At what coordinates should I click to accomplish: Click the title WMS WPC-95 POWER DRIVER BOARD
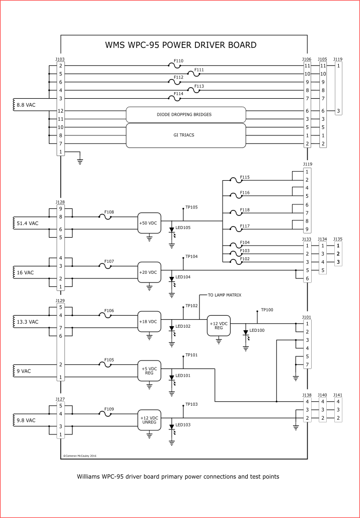click(181, 45)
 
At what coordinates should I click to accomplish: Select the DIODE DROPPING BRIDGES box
click(186, 115)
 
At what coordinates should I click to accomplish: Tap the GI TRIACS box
click(186, 135)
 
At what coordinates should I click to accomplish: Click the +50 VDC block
click(149, 223)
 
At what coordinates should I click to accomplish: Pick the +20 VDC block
click(149, 272)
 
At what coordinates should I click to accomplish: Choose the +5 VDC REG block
click(149, 371)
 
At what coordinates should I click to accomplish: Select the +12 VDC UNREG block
click(149, 420)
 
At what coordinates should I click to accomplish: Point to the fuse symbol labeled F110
click(174, 66)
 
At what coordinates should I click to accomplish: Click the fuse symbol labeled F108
click(105, 217)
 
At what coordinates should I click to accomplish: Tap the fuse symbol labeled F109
click(105, 414)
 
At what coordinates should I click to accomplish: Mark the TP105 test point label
click(191, 207)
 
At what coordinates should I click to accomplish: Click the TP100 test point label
click(267, 310)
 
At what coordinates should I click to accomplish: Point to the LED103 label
click(183, 425)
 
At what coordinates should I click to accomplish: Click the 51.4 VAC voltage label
click(27, 224)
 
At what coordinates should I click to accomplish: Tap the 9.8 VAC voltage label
click(26, 420)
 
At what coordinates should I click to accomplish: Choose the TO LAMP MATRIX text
click(225, 295)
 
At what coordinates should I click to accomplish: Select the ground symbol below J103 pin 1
click(80, 162)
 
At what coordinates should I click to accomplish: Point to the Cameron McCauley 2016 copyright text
click(80, 456)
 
